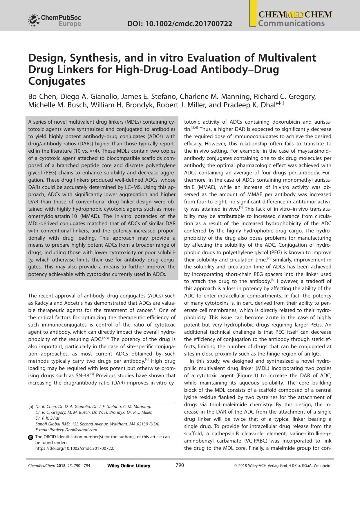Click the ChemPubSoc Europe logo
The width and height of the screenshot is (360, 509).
pos(55,20)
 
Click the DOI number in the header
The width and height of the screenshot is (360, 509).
pos(180,24)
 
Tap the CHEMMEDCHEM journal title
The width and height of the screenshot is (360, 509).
pos(295,15)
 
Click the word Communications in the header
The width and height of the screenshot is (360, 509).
pos(291,24)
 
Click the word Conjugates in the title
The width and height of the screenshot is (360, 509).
pos(57,81)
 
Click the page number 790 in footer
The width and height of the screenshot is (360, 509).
pos(180,465)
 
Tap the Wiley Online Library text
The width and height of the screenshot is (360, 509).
pos(129,466)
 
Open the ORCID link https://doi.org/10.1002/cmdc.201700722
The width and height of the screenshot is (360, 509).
pos(75,448)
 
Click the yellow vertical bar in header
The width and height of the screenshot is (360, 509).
pos(253,13)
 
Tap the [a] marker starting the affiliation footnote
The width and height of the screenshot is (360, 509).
pos(30,407)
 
